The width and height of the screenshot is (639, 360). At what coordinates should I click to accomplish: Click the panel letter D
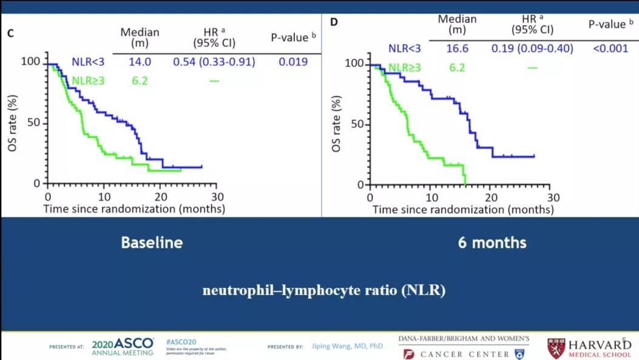[x=333, y=22]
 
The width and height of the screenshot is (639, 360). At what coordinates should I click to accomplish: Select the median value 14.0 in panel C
[x=140, y=61]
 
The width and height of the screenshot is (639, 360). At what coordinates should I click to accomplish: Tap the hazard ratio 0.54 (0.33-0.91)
[x=214, y=61]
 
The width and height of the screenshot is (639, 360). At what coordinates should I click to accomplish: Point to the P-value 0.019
[x=293, y=61]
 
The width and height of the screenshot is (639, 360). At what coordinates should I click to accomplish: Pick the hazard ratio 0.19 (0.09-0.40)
[x=532, y=49]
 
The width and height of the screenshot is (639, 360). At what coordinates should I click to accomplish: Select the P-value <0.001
[x=610, y=49]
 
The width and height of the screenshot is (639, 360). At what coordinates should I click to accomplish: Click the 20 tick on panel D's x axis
[x=492, y=197]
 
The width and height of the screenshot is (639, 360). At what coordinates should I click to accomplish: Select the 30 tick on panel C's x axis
[x=218, y=197]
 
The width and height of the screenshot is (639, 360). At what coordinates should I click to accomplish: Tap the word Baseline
[x=152, y=243]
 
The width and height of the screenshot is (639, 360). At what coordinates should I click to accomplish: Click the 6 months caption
[x=492, y=243]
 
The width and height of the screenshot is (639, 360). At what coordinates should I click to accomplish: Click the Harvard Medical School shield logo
[x=558, y=347]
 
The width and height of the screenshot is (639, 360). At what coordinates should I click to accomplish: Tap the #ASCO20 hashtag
[x=179, y=342]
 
